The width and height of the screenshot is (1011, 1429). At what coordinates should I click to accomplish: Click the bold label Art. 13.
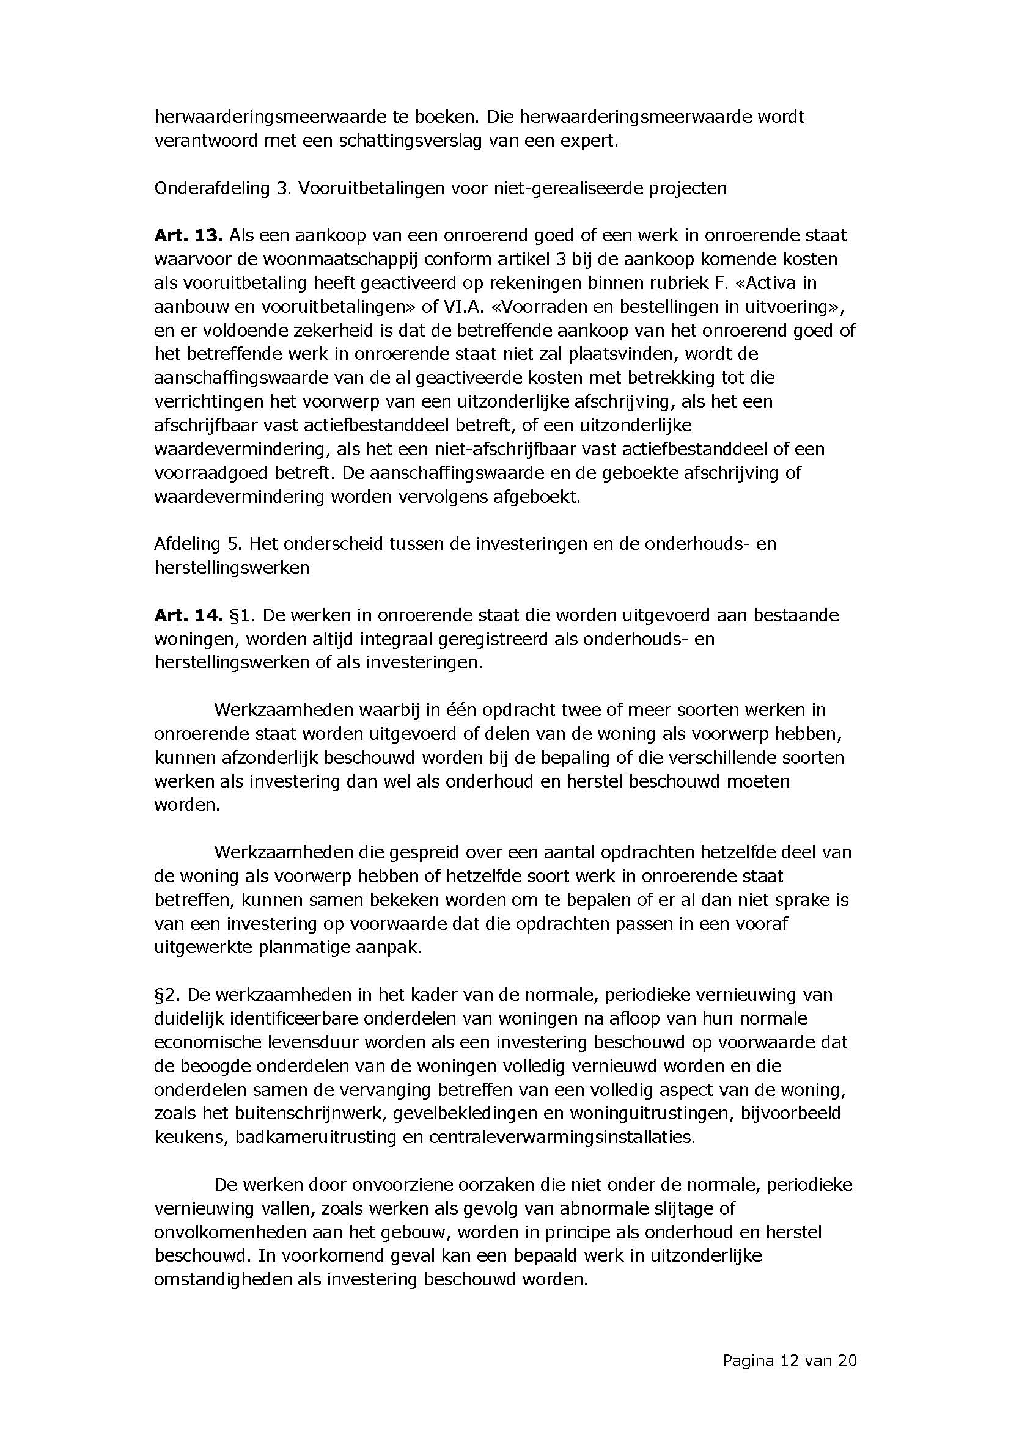188,235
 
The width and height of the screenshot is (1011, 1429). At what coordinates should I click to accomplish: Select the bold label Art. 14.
188,615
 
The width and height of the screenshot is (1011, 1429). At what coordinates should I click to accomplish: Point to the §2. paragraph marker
166,995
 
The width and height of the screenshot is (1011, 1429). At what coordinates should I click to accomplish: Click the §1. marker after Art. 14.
243,615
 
